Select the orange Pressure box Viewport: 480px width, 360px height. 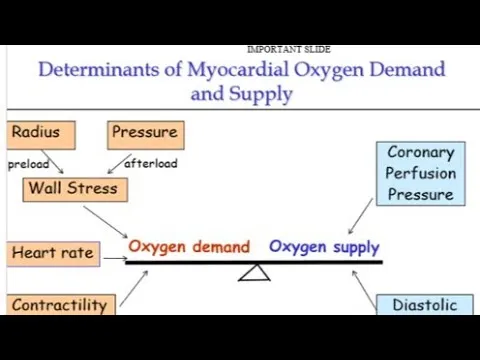[146, 133]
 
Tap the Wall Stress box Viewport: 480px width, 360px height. [72, 188]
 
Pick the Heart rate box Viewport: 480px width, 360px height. [52, 253]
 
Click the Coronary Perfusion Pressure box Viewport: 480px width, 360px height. [420, 173]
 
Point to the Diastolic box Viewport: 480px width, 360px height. [424, 305]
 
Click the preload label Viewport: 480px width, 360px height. [29, 163]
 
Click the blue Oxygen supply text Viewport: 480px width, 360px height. [324, 246]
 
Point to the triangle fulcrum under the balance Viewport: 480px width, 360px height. [254, 271]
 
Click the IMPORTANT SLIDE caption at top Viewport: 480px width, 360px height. [288, 49]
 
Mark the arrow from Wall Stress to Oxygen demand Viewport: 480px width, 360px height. [105, 222]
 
